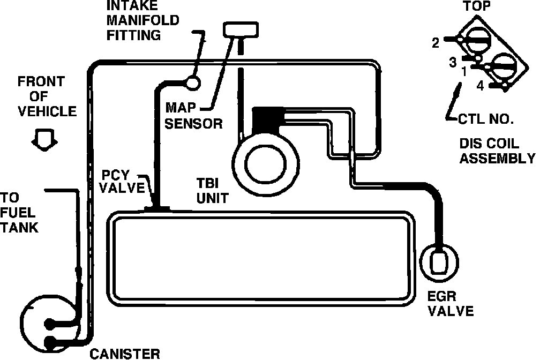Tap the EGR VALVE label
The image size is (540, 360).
pos(451,303)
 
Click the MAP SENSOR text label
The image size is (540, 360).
pos(193,116)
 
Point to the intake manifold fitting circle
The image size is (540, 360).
pos(191,82)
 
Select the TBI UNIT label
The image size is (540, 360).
pos(212,190)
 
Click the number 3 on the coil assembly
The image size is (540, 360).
pos(453,61)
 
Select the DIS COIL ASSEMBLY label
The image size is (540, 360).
pos(497,151)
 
